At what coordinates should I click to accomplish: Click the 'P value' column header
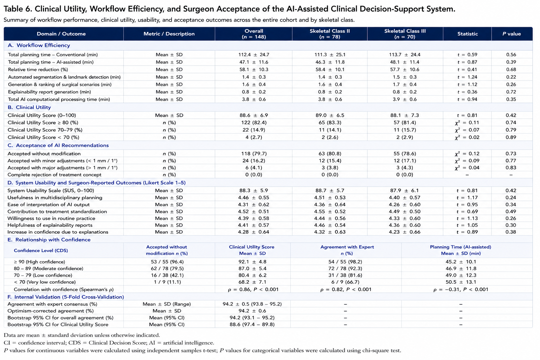point(512,34)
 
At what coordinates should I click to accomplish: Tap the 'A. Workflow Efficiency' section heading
point(39,45)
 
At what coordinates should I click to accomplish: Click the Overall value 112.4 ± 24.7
point(253,55)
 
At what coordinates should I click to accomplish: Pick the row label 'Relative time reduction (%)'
point(38,70)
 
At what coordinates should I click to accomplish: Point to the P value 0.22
point(511,77)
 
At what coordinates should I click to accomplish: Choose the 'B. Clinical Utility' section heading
point(29,107)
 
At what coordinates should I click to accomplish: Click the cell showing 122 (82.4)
point(254,123)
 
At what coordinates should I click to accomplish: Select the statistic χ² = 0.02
point(467,137)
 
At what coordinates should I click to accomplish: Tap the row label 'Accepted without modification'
point(44,154)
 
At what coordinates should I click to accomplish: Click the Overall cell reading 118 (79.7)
point(254,154)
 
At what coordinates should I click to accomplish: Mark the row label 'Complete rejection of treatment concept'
point(54,175)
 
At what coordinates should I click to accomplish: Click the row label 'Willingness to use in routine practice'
point(51,218)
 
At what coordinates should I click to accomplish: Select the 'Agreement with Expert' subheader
point(347,247)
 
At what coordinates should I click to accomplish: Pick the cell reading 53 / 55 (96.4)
point(167,262)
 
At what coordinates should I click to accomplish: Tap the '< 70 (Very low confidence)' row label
point(45,282)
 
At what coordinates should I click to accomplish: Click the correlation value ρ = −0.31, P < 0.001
point(461,289)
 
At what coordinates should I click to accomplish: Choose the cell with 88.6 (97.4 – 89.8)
point(252,324)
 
